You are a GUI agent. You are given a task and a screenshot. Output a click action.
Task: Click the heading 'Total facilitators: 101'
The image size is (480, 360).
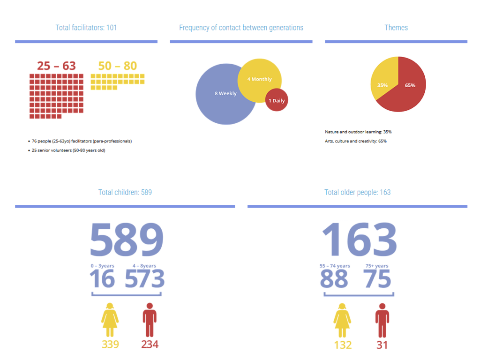tap(86, 28)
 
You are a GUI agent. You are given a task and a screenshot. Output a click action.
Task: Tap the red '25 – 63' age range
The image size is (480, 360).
tap(56, 66)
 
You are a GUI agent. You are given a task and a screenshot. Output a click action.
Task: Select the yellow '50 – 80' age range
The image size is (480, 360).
tap(118, 66)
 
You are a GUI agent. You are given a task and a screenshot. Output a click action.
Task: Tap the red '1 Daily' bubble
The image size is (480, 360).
tap(276, 100)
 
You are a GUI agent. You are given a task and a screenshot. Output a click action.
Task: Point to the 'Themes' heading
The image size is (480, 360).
tap(396, 28)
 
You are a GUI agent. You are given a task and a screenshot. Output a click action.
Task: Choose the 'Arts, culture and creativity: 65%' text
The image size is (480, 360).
tap(356, 141)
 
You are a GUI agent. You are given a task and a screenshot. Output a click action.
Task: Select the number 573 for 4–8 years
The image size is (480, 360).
tap(144, 279)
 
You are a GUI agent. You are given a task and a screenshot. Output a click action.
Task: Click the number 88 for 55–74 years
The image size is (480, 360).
tap(334, 279)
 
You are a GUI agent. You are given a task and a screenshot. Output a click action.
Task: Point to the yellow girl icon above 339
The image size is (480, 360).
tap(110, 320)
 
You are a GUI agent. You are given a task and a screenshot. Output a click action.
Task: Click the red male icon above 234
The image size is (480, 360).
tap(150, 320)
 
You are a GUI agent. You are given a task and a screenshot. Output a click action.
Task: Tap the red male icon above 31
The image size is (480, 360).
tap(382, 320)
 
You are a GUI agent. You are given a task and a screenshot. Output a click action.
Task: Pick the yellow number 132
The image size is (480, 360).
tap(343, 345)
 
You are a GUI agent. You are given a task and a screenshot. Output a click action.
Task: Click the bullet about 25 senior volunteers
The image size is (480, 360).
tap(68, 150)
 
